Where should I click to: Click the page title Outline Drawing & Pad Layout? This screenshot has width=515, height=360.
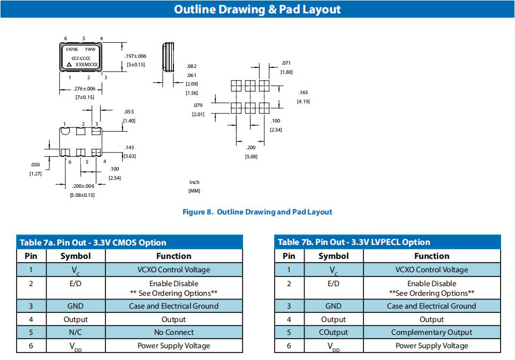(257, 9)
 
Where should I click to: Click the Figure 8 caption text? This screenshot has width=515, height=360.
(257, 212)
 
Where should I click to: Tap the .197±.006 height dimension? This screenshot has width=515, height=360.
(135, 56)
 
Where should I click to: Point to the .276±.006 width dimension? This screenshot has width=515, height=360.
(85, 89)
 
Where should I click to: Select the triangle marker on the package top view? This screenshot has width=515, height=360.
(69, 64)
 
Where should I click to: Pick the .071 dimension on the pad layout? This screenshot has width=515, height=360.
(286, 63)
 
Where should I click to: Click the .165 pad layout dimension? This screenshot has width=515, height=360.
(303, 93)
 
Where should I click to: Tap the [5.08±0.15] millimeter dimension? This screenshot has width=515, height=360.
(82, 195)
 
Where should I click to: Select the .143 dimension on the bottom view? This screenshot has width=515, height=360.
(129, 148)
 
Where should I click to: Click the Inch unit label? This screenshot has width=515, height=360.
(194, 182)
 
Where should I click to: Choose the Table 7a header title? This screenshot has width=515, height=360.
(93, 242)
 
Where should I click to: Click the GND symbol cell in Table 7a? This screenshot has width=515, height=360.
(75, 306)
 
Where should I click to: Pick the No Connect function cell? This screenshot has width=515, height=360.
(173, 332)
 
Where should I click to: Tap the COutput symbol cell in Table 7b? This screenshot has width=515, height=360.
(334, 332)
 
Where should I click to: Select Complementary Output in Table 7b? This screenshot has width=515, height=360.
(431, 332)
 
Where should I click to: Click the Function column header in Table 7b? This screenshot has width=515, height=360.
(431, 256)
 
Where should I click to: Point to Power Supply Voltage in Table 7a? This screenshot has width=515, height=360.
(173, 346)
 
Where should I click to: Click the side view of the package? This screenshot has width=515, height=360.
(169, 57)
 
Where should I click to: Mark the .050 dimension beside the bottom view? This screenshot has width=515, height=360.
(35, 165)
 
